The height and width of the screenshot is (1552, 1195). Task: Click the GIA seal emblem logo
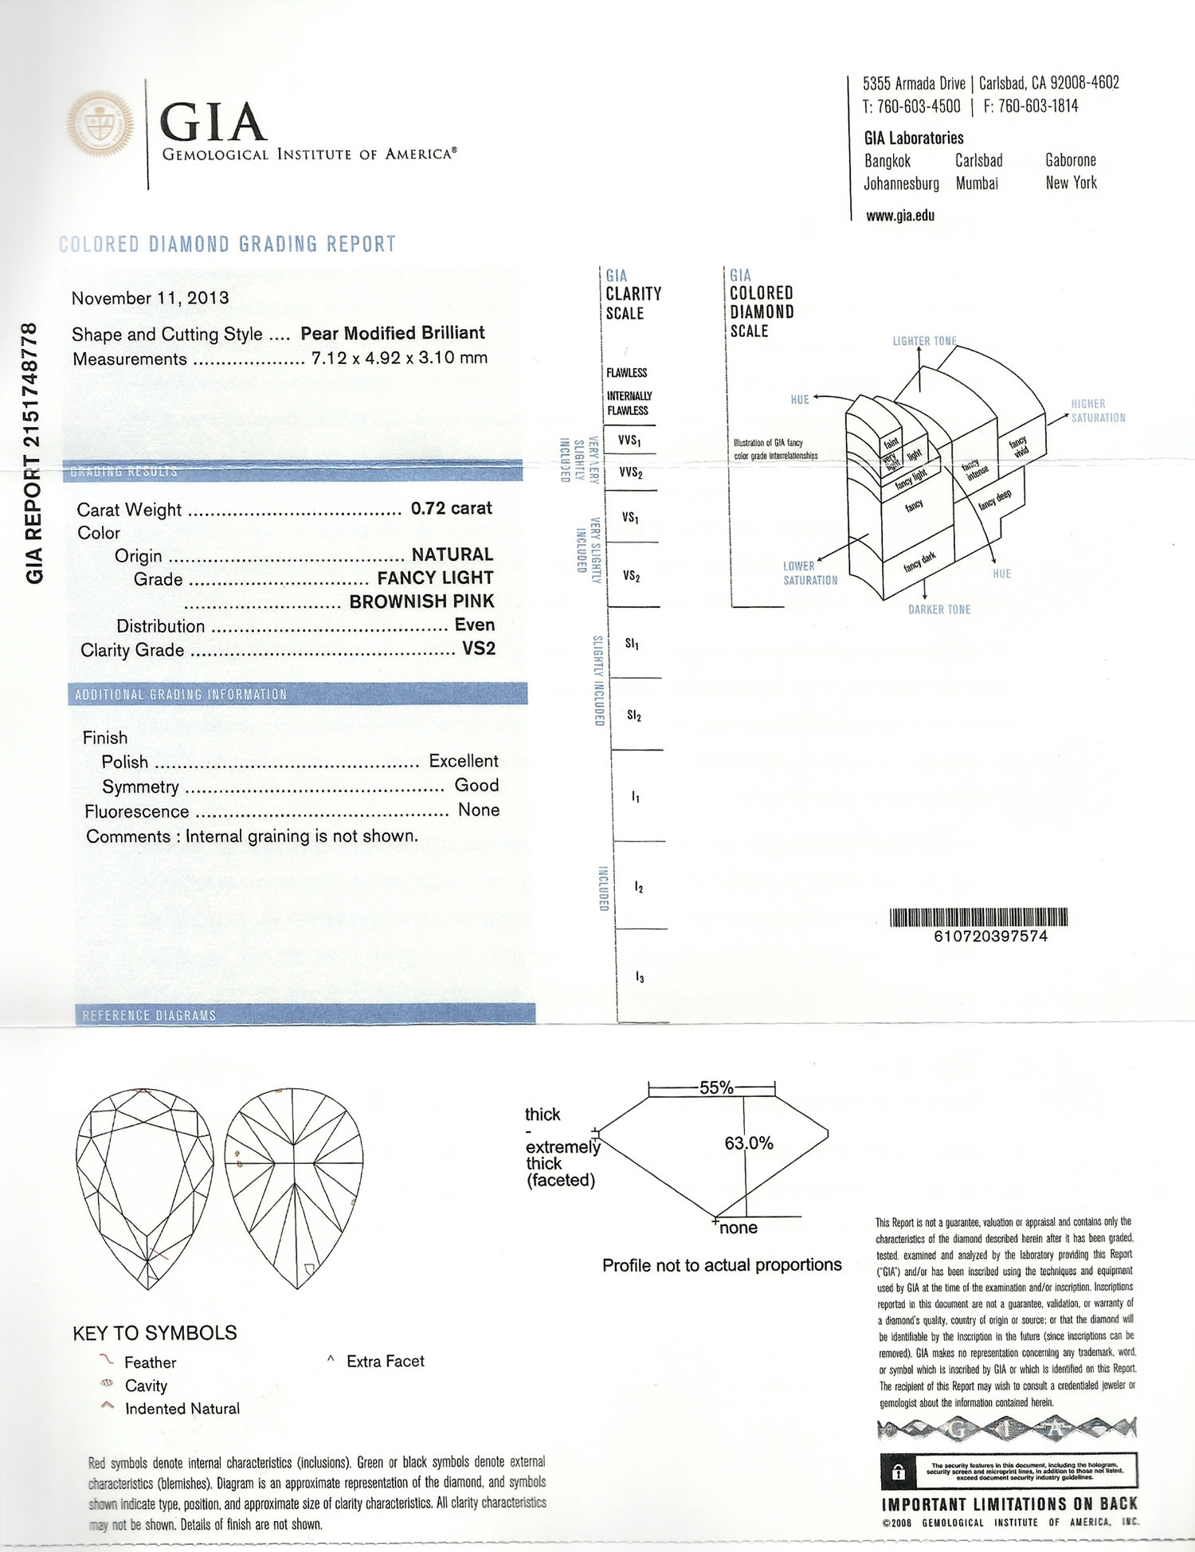(100, 124)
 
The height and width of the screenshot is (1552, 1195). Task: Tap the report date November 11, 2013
(150, 298)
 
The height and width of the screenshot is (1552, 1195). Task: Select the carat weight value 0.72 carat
(451, 508)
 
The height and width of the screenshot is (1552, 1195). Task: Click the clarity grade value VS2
(478, 649)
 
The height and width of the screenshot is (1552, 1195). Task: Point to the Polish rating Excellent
(463, 761)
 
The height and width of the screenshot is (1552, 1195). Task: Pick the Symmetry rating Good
(476, 785)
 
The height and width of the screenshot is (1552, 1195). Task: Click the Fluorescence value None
(479, 809)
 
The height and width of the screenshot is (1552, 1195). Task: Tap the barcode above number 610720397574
(978, 917)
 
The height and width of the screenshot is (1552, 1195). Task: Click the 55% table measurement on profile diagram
(715, 1088)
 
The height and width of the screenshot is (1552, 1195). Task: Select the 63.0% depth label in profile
(748, 1143)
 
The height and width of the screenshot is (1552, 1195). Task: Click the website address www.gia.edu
(900, 215)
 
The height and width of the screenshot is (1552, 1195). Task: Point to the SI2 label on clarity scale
(633, 715)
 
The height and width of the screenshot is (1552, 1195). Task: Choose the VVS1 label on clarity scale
(629, 440)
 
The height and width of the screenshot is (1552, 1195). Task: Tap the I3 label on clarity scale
(639, 977)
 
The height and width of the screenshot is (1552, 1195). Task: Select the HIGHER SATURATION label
(1098, 410)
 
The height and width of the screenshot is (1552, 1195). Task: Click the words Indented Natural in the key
(182, 1409)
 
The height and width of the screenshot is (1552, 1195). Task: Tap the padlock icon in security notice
(899, 1472)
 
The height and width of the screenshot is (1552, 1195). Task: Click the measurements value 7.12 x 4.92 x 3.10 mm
(399, 358)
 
